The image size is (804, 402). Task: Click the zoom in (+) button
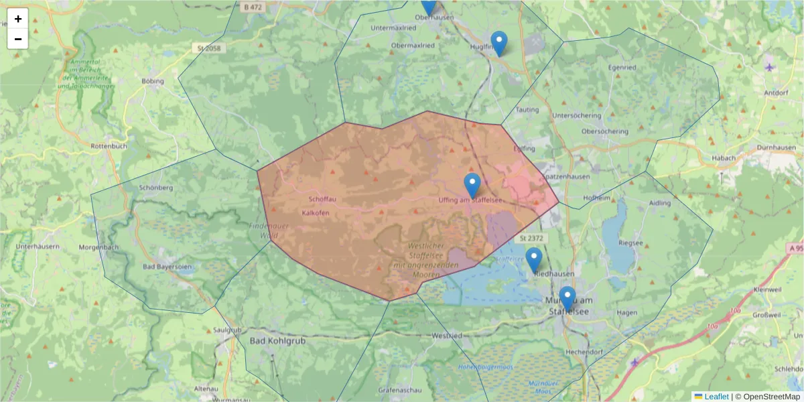pyautogui.click(x=18, y=19)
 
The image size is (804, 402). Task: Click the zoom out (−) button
pyautogui.click(x=18, y=39)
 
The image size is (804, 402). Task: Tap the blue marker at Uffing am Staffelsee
pyautogui.click(x=472, y=185)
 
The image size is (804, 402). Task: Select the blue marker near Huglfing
pyautogui.click(x=498, y=43)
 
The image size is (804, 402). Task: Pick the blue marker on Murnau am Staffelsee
pyautogui.click(x=567, y=298)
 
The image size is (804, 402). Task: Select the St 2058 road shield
pyautogui.click(x=210, y=48)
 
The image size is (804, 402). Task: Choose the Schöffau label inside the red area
pyautogui.click(x=323, y=200)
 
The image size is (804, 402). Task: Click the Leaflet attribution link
pyautogui.click(x=716, y=397)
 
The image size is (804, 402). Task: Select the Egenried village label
pyautogui.click(x=622, y=68)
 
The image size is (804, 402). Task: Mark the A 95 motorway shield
pyautogui.click(x=795, y=248)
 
